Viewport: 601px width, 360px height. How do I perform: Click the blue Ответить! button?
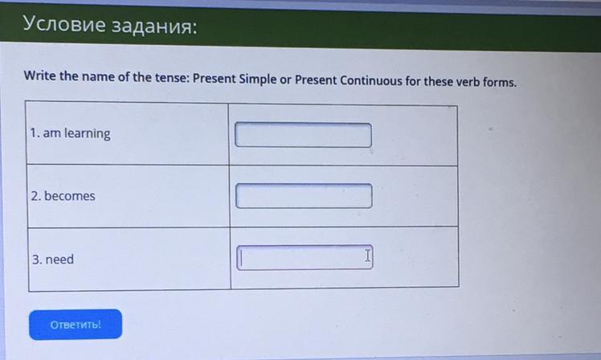click(76, 325)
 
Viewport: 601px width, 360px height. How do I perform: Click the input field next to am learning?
click(303, 134)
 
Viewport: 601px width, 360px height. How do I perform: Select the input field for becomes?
click(304, 195)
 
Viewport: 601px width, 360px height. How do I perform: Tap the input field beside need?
click(305, 257)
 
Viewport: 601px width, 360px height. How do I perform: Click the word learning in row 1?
click(87, 134)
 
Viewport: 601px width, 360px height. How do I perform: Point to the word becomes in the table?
click(70, 196)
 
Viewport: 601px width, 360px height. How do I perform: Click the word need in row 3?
click(59, 260)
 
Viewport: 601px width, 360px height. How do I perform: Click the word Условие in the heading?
click(64, 24)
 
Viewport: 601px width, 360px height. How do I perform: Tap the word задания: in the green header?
click(155, 27)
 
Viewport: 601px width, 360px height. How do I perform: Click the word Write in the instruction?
click(40, 76)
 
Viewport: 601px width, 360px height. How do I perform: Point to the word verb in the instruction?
click(468, 82)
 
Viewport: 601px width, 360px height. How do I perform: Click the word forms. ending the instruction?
click(500, 82)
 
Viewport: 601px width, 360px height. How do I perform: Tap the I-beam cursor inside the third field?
click(367, 256)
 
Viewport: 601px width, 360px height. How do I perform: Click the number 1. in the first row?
click(35, 133)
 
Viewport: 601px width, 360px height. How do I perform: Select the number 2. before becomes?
click(36, 196)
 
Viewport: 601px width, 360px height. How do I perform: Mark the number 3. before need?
click(37, 260)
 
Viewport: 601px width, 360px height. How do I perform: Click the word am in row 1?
click(51, 133)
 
